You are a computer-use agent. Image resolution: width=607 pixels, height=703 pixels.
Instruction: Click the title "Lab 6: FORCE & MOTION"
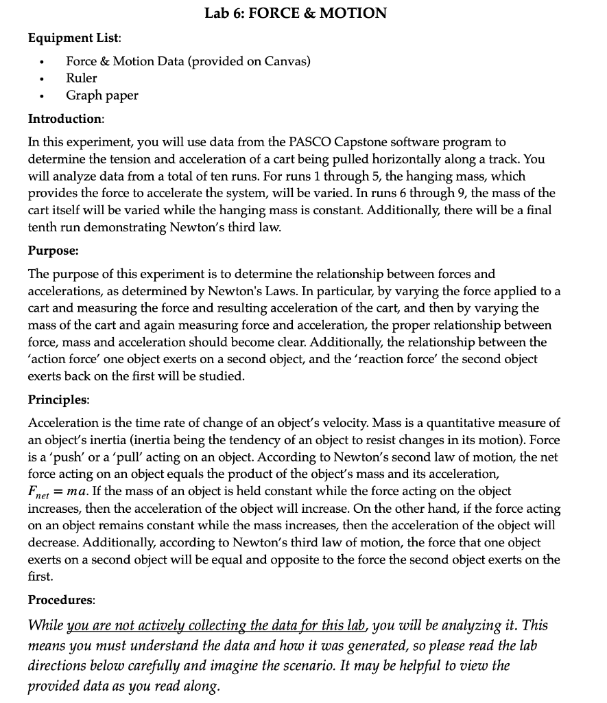coord(296,13)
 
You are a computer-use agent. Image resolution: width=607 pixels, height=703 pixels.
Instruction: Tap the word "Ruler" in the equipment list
coord(82,78)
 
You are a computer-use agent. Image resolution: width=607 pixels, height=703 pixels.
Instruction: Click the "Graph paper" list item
coord(102,95)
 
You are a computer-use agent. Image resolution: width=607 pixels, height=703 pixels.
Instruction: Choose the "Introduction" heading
coord(64,119)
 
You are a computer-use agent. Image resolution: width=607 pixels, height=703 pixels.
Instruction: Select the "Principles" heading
coord(58,399)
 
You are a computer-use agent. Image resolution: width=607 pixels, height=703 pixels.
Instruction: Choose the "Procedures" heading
coord(61,599)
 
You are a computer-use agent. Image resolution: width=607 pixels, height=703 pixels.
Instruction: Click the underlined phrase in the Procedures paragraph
coord(238,625)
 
